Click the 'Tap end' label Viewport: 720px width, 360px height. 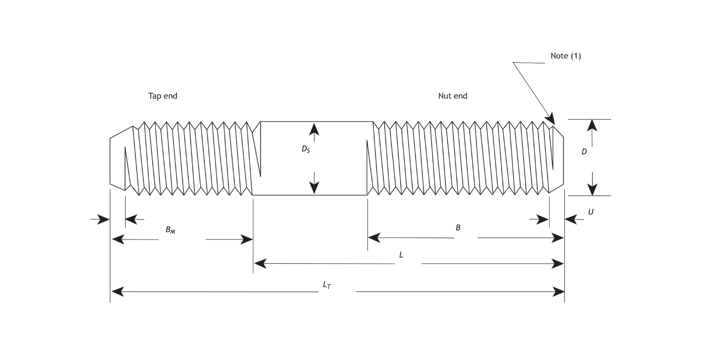point(163,96)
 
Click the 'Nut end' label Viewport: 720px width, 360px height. point(453,96)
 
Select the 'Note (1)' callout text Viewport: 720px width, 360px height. point(566,56)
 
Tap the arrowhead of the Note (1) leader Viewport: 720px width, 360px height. point(551,119)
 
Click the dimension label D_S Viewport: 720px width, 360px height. point(306,149)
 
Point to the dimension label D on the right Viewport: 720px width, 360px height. point(584,152)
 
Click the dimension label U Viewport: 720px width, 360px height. point(590,212)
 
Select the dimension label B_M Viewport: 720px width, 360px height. point(170,230)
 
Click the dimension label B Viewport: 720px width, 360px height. point(458,228)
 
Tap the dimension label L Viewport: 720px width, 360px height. point(401,255)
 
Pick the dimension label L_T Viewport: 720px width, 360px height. point(327,285)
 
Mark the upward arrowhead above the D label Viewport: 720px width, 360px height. point(592,126)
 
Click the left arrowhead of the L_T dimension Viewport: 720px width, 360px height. point(117,292)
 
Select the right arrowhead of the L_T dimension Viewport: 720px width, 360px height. point(558,292)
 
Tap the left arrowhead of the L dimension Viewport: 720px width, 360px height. point(260,263)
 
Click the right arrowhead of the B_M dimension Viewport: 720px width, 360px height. point(247,239)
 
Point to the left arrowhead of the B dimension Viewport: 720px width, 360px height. point(374,237)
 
